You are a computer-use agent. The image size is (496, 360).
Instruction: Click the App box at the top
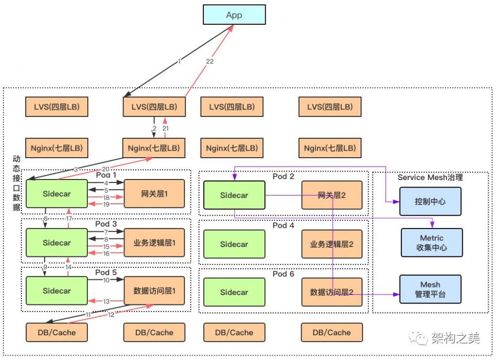pyautogui.click(x=234, y=15)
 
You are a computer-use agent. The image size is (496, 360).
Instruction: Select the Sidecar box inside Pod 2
pyautogui.click(x=234, y=195)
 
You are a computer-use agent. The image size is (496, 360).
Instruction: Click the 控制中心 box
pyautogui.click(x=431, y=202)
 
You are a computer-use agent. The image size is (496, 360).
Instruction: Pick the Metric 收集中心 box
pyautogui.click(x=432, y=242)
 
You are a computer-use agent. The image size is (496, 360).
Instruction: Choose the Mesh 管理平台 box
pyautogui.click(x=431, y=290)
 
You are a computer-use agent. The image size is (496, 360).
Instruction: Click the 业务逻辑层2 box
pyautogui.click(x=332, y=244)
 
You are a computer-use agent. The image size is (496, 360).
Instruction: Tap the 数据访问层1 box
pyautogui.click(x=154, y=291)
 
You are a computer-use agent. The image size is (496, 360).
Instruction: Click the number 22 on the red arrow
pyautogui.click(x=209, y=61)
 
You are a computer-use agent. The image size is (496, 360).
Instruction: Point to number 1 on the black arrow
pyautogui.click(x=180, y=61)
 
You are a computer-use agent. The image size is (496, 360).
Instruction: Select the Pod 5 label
pyautogui.click(x=106, y=272)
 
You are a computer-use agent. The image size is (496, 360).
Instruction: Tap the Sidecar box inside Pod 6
pyautogui.click(x=234, y=292)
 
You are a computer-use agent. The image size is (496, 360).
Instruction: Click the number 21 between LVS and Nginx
pyautogui.click(x=166, y=128)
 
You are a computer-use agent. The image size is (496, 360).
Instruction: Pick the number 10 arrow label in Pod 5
pyautogui.click(x=106, y=281)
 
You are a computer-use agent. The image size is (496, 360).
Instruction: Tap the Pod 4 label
pyautogui.click(x=283, y=225)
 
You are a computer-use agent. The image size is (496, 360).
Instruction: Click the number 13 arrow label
pyautogui.click(x=106, y=301)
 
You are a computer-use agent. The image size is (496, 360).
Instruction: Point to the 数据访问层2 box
pyautogui.click(x=332, y=292)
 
